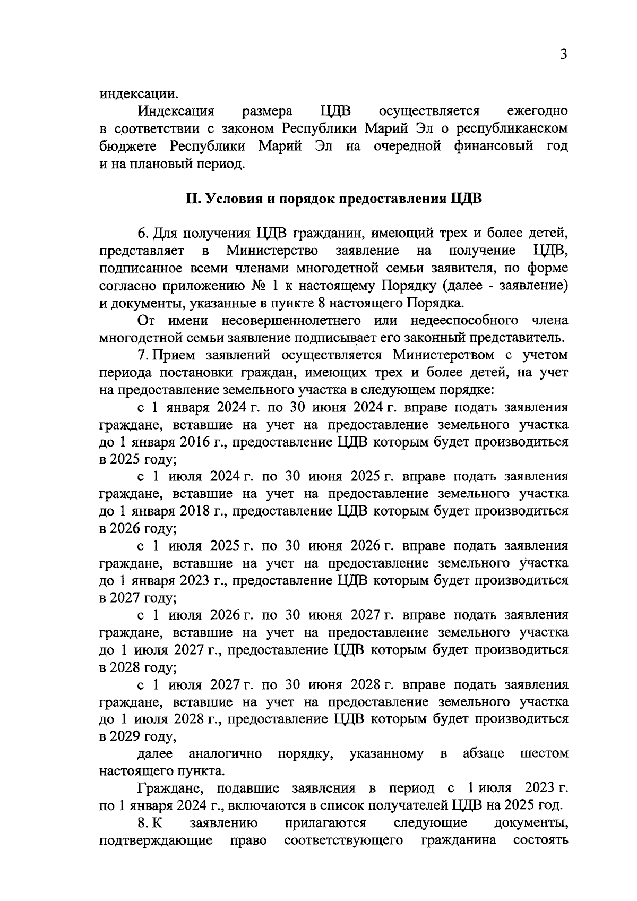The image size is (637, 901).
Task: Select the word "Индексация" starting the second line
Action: [x=176, y=111]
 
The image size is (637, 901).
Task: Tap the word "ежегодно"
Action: [x=537, y=111]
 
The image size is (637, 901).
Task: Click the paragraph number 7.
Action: [x=142, y=355]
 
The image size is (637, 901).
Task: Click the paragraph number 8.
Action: [x=142, y=823]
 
